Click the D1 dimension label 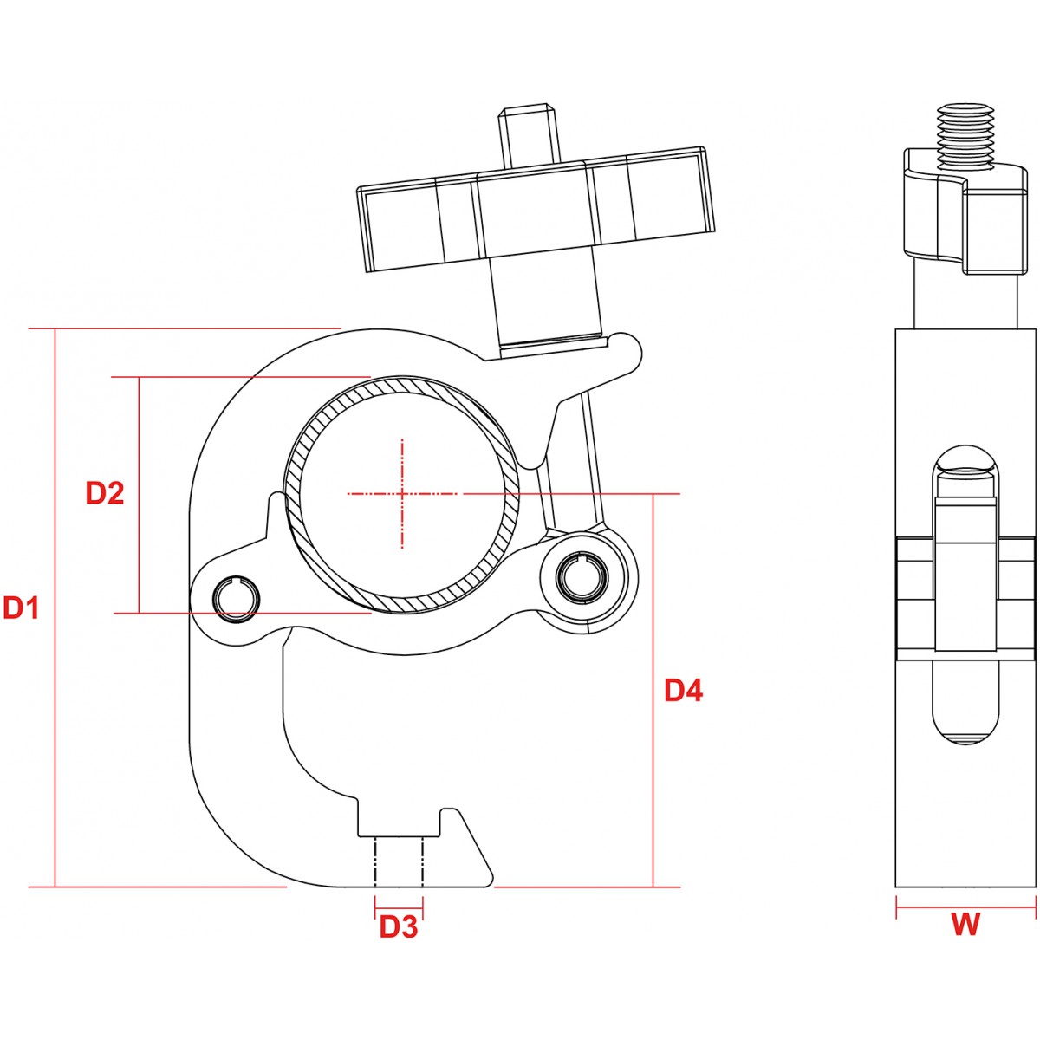[21, 608]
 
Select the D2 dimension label [105, 493]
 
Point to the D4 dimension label [683, 691]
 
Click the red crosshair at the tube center [402, 494]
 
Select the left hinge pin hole [237, 599]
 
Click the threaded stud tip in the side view [965, 136]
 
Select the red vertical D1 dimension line [55, 608]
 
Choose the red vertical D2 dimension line [140, 494]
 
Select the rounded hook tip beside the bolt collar [627, 351]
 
